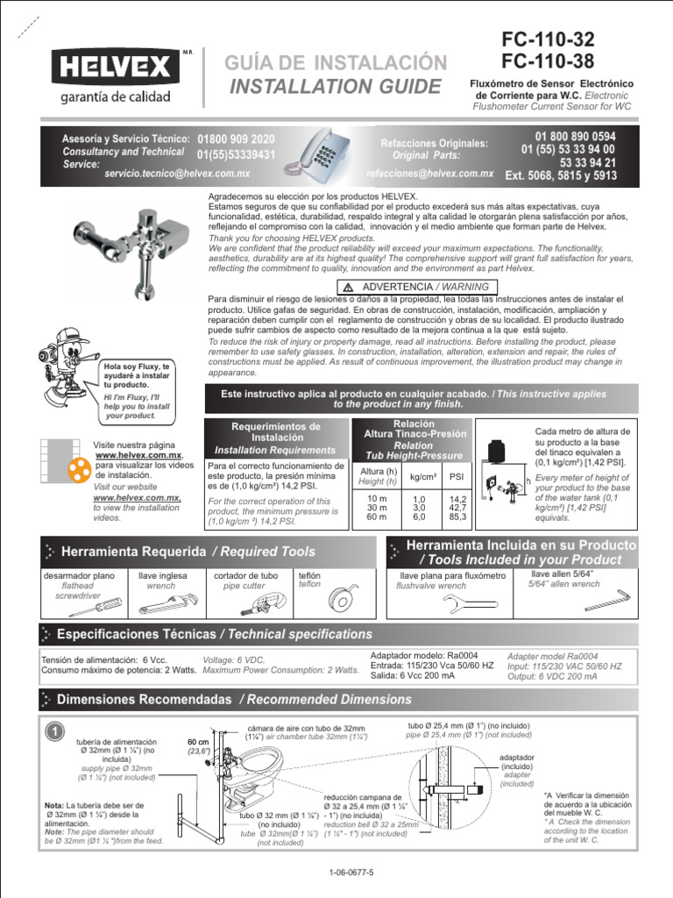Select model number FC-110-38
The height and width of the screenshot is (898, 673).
(547, 61)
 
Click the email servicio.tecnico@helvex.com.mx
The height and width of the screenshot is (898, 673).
(176, 175)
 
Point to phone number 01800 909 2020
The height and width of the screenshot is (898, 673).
(237, 139)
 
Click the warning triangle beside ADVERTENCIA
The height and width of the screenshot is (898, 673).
(348, 287)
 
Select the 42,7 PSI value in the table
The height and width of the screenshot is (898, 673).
(457, 507)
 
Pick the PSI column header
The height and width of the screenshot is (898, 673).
(457, 476)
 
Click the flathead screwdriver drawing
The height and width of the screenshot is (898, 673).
(103, 604)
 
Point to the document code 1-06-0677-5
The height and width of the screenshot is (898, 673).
(351, 873)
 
